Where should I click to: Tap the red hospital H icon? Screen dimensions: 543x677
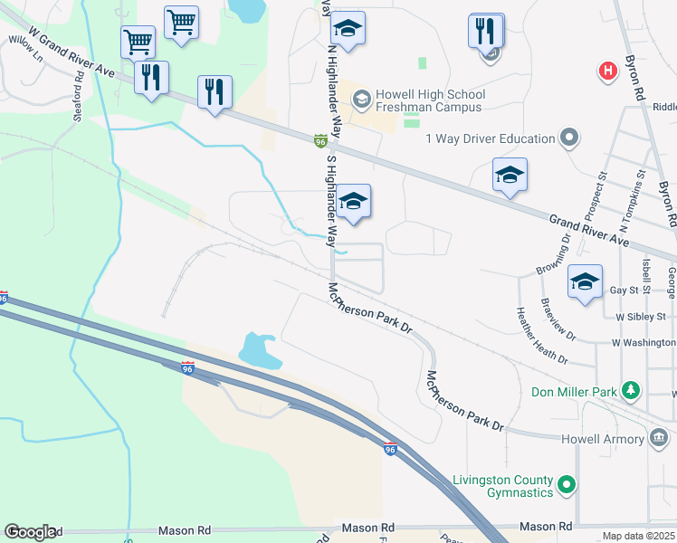[x=609, y=70]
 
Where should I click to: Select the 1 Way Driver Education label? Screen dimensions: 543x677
[x=490, y=138]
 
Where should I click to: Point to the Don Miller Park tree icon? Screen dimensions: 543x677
[x=631, y=392]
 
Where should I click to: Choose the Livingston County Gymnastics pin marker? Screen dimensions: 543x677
[x=567, y=486]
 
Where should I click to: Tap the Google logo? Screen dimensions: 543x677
[x=29, y=532]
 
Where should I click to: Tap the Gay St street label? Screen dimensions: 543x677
[x=625, y=291]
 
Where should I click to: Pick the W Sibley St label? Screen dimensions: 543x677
[x=640, y=317]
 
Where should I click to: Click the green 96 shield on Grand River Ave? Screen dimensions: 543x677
[x=320, y=141]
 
